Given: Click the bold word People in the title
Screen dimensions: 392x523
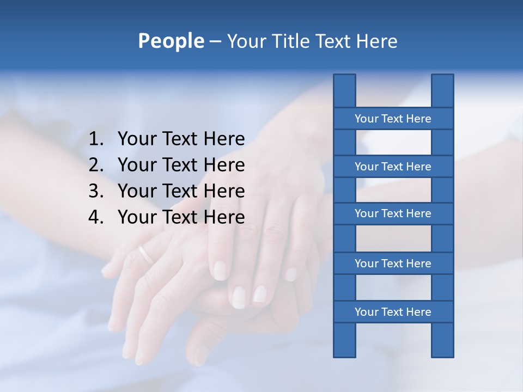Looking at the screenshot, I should [171, 41].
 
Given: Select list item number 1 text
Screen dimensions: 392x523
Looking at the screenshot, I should [181, 139].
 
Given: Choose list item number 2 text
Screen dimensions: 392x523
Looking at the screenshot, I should [181, 165].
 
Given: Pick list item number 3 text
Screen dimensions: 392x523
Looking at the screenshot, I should [181, 191].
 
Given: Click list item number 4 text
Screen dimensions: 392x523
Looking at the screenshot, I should [181, 217].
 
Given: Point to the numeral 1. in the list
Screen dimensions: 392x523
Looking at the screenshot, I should [96, 139].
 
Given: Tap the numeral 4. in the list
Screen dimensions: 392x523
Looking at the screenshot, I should [96, 217].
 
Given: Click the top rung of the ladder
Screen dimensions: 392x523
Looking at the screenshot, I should [393, 118].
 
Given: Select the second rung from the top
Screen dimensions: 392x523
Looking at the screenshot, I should [393, 166].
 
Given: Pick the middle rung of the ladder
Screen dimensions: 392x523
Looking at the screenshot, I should [393, 213].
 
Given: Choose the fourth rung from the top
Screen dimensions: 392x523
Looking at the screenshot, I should [393, 263].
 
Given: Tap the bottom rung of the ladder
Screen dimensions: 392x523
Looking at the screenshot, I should [393, 311].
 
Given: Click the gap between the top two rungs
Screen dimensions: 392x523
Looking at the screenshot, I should [393, 143].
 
